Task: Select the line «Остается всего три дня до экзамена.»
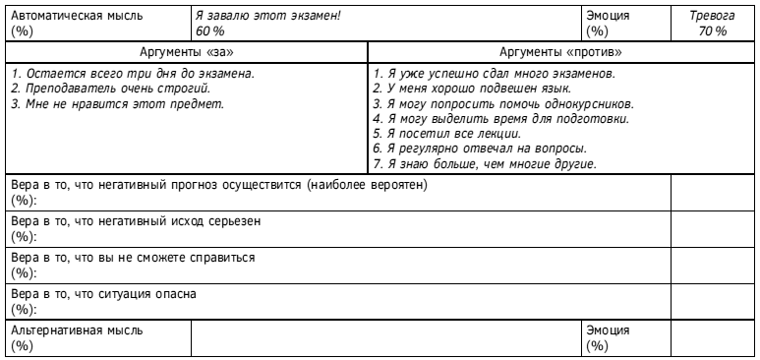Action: click(x=131, y=74)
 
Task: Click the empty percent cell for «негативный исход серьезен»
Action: click(x=713, y=228)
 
